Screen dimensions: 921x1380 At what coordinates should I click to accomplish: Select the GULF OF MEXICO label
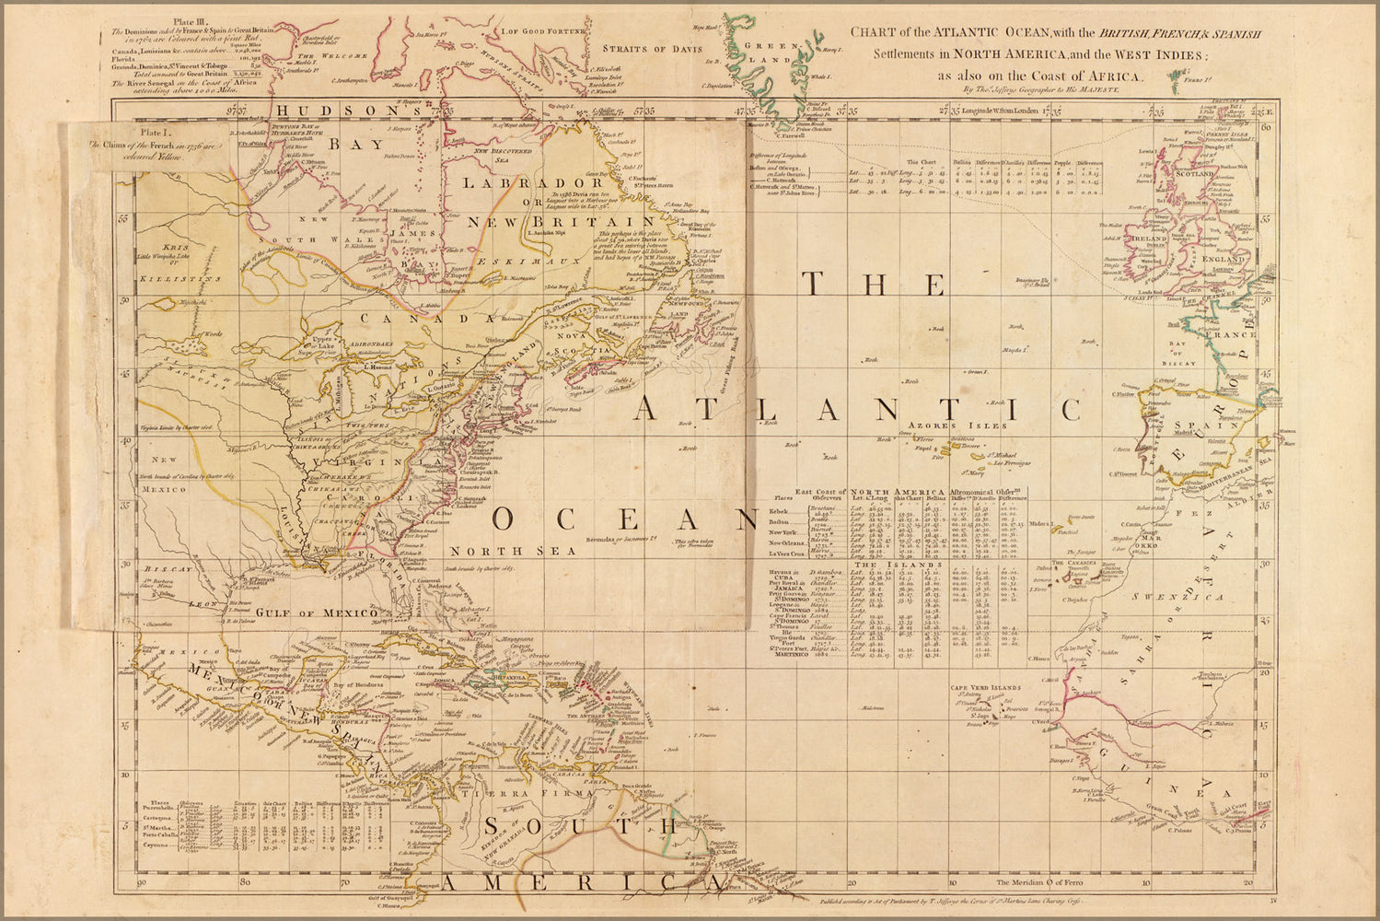(x=317, y=612)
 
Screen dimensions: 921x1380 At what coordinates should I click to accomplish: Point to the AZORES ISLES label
(x=957, y=426)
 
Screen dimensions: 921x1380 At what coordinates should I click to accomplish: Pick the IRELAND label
(x=1149, y=238)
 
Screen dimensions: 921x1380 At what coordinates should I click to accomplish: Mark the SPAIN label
(x=1192, y=426)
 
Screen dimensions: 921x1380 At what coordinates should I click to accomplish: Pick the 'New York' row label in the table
(x=788, y=533)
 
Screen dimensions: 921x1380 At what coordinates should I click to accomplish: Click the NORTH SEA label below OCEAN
(x=512, y=551)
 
